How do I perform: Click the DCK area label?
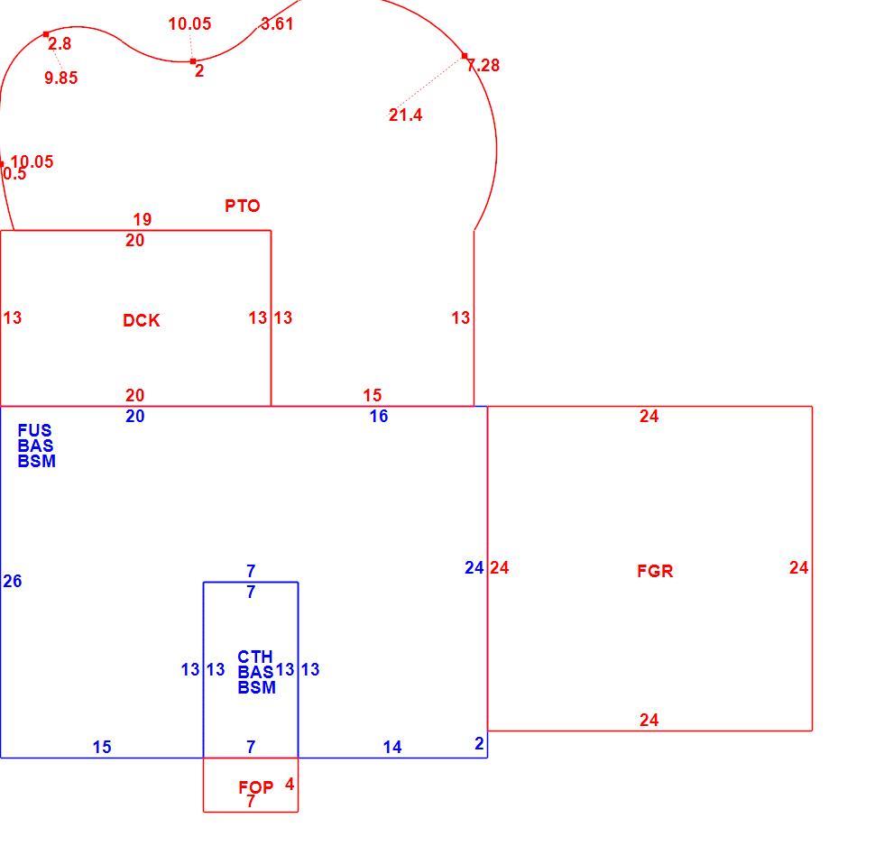pyautogui.click(x=142, y=320)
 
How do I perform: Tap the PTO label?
pyautogui.click(x=243, y=206)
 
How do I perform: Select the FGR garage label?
pyautogui.click(x=655, y=571)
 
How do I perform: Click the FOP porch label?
pyautogui.click(x=256, y=786)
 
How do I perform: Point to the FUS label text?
pyautogui.click(x=34, y=430)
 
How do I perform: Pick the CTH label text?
pyautogui.click(x=254, y=657)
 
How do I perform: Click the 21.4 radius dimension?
pyautogui.click(x=405, y=115)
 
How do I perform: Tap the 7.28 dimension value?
pyautogui.click(x=483, y=65)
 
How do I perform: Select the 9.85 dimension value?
pyautogui.click(x=61, y=78)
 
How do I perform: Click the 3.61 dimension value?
pyautogui.click(x=277, y=23)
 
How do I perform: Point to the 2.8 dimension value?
pyautogui.click(x=60, y=43)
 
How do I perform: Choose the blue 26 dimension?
pyautogui.click(x=13, y=581)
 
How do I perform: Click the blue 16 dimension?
pyautogui.click(x=379, y=416)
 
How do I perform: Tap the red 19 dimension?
pyautogui.click(x=143, y=219)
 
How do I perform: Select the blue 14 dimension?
pyautogui.click(x=392, y=748)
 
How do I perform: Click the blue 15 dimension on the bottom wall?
pyautogui.click(x=102, y=748)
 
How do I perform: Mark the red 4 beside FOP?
pyautogui.click(x=290, y=784)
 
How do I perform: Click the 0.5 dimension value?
pyautogui.click(x=14, y=173)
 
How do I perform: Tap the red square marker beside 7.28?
pyautogui.click(x=465, y=56)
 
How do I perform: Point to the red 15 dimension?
pyautogui.click(x=372, y=395)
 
